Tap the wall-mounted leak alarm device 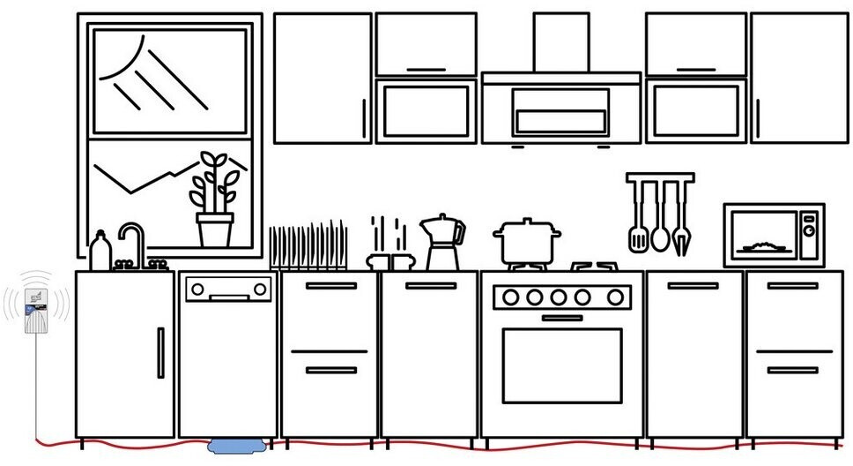pos(36,310)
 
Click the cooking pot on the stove pos(527,243)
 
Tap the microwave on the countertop pos(774,235)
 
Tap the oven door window pos(561,365)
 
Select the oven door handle pos(561,318)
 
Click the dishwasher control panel pos(228,288)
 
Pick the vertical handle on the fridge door pos(160,352)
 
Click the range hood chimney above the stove pos(560,42)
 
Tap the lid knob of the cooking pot pos(527,222)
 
